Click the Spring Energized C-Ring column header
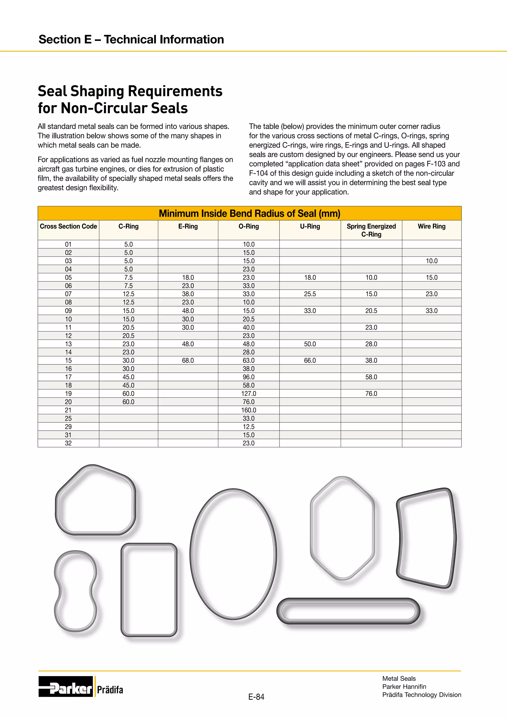[x=371, y=230]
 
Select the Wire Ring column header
[x=431, y=226]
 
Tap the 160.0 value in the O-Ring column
[x=249, y=410]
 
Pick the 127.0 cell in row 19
[x=249, y=393]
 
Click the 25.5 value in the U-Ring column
[x=310, y=294]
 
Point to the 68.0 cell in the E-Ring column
[x=188, y=360]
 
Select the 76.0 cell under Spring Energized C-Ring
[x=371, y=393]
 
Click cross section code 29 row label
[x=68, y=427]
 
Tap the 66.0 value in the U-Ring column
[x=310, y=360]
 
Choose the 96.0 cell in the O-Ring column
[x=249, y=377]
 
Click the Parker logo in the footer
[x=66, y=686]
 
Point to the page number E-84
[x=256, y=697]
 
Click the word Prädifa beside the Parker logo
[x=110, y=690]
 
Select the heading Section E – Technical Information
[x=131, y=39]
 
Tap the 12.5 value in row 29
[x=249, y=427]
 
